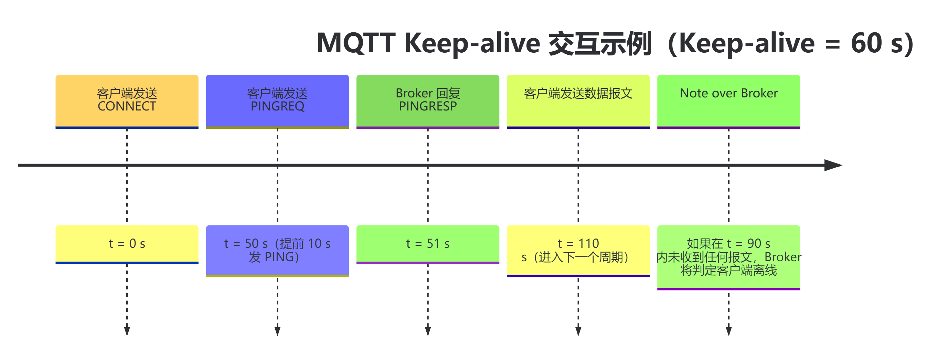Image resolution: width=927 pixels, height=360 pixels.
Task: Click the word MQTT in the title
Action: [x=356, y=43]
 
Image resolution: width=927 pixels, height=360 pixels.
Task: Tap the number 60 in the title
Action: [x=866, y=43]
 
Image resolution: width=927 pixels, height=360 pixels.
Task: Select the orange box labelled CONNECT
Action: [x=127, y=101]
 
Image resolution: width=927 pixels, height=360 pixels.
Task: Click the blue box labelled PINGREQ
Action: [x=277, y=101]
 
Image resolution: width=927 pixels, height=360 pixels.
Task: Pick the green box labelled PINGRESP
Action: [x=428, y=101]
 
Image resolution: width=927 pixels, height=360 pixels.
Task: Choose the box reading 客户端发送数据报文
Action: [x=578, y=101]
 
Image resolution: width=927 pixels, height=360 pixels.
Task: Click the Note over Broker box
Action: [x=729, y=101]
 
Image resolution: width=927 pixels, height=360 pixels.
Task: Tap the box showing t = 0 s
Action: [x=127, y=244]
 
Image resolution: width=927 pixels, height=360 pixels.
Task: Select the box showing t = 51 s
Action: [x=428, y=244]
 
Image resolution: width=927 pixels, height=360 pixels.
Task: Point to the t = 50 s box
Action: [x=277, y=251]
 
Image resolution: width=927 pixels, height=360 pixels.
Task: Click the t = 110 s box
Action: [x=578, y=251]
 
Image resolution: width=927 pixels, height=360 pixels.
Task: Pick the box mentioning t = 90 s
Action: [x=729, y=257]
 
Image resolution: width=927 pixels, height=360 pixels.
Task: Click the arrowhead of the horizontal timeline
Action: [x=833, y=165]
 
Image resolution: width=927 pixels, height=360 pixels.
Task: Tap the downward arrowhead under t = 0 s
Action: [x=127, y=331]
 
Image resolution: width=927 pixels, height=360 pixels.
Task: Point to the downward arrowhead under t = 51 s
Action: [x=428, y=331]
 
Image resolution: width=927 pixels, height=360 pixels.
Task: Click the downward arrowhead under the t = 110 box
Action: [x=578, y=331]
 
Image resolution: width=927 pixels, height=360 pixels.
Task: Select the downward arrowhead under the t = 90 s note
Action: [x=729, y=331]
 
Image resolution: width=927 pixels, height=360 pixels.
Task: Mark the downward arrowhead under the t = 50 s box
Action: [x=277, y=331]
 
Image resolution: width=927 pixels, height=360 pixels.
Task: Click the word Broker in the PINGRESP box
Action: [x=414, y=94]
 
